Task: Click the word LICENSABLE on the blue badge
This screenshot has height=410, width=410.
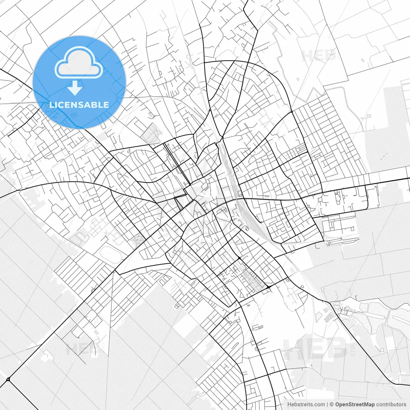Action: (x=79, y=105)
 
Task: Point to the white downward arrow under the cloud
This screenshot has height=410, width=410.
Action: (x=75, y=88)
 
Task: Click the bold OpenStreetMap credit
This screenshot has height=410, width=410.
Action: (x=355, y=405)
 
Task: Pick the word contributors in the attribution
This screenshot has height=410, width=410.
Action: (x=391, y=405)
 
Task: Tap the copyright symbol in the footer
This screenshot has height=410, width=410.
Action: (x=332, y=405)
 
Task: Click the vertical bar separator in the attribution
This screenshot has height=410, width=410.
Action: (x=327, y=405)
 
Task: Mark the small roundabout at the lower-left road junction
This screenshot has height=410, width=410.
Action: (x=8, y=380)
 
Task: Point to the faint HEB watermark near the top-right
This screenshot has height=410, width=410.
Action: (x=319, y=56)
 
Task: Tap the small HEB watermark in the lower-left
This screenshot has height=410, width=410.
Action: (x=82, y=348)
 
